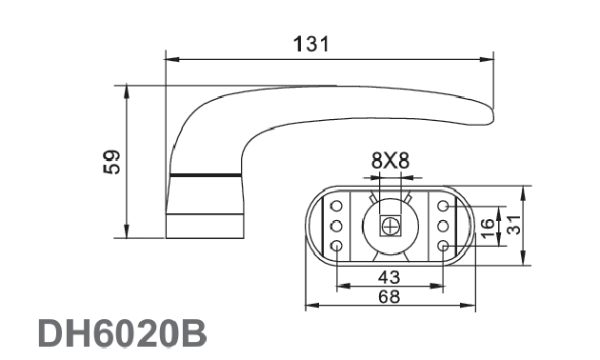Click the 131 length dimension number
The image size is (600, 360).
(x=311, y=44)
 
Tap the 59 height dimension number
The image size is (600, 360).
(x=111, y=162)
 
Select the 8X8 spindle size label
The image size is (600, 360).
(x=390, y=160)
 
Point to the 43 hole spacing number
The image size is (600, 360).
(x=389, y=277)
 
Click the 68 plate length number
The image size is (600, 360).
(x=389, y=296)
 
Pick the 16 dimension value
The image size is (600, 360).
(x=488, y=229)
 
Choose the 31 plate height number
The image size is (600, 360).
(x=514, y=225)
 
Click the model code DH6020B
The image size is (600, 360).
(x=122, y=332)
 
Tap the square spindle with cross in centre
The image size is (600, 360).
(x=390, y=226)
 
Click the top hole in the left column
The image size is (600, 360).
(x=336, y=206)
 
